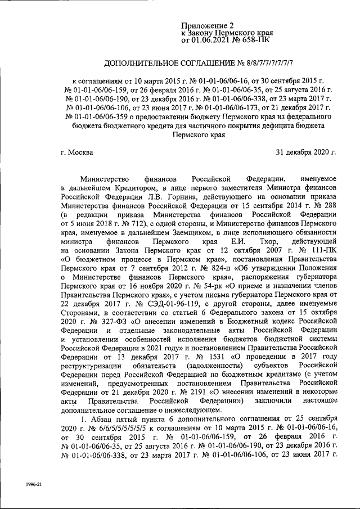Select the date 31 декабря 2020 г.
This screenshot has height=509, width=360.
[305, 152]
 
